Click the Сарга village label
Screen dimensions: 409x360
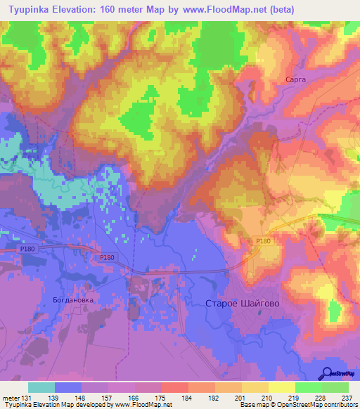click(295, 80)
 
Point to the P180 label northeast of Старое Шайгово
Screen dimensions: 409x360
click(263, 241)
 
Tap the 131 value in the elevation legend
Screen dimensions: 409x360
click(27, 398)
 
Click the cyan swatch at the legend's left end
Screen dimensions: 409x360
click(41, 387)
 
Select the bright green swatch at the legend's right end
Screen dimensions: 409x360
click(335, 387)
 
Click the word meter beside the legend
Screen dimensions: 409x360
click(10, 398)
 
